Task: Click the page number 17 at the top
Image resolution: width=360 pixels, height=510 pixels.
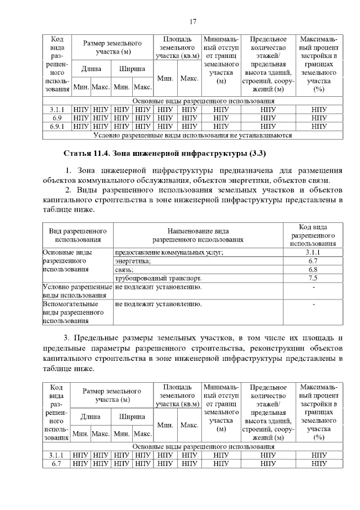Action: point(192,22)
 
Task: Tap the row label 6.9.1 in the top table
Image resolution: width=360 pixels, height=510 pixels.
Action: point(56,127)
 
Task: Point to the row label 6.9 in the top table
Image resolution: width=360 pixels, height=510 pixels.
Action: point(56,118)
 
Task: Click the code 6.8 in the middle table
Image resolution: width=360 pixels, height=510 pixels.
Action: point(313,270)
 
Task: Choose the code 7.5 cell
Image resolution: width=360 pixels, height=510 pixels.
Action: point(313,278)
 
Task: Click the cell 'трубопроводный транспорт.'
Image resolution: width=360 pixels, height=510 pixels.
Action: point(159,278)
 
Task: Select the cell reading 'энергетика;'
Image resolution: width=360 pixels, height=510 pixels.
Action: point(133,261)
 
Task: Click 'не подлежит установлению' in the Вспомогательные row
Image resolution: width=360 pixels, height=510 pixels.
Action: point(158,305)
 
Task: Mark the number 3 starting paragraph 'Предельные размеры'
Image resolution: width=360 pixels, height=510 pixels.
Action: point(66,338)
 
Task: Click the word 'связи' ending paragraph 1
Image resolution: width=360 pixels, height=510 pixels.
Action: point(319,180)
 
